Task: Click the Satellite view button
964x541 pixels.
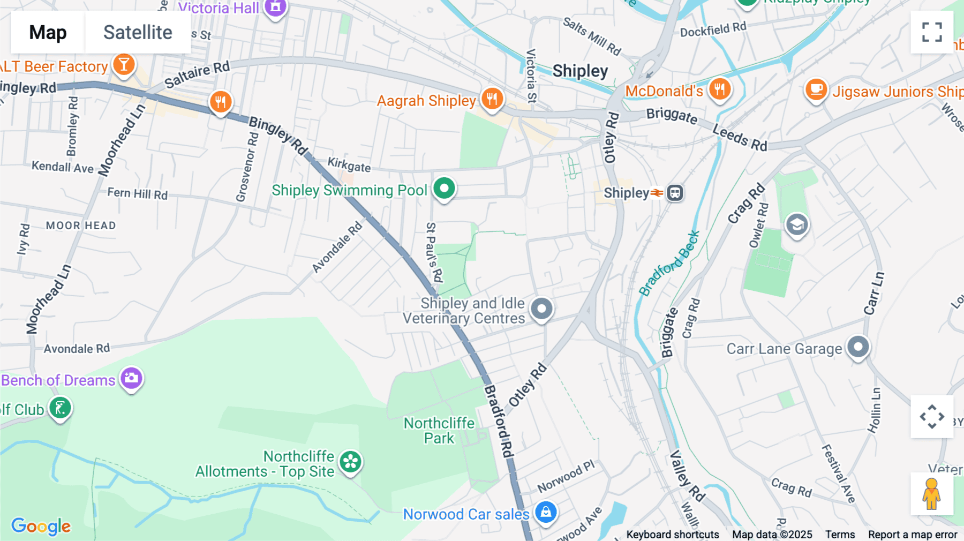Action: pyautogui.click(x=138, y=32)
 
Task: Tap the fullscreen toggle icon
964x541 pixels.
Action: pyautogui.click(x=932, y=32)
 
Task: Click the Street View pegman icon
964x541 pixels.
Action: pyautogui.click(x=931, y=493)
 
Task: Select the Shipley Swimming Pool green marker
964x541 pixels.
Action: pyautogui.click(x=444, y=189)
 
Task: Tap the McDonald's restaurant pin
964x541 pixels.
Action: pyautogui.click(x=720, y=89)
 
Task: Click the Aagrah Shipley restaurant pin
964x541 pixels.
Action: pyautogui.click(x=492, y=99)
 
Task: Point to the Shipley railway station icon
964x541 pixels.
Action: pyautogui.click(x=675, y=193)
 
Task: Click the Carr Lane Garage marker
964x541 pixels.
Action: pyautogui.click(x=858, y=347)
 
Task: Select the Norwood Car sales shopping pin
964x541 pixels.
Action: pyautogui.click(x=546, y=512)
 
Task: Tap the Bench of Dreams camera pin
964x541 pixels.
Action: pyautogui.click(x=131, y=379)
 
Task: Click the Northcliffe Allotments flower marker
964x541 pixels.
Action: pyautogui.click(x=351, y=462)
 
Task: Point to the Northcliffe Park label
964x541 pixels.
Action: pyautogui.click(x=439, y=431)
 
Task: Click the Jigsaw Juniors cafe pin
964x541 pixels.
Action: pyautogui.click(x=816, y=90)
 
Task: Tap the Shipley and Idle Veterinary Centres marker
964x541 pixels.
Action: pyautogui.click(x=541, y=309)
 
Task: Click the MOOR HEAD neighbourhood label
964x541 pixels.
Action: pyautogui.click(x=81, y=226)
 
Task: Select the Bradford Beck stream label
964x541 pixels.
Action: pyautogui.click(x=669, y=264)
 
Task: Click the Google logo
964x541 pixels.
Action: pyautogui.click(x=41, y=526)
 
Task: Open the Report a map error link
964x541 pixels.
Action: pyautogui.click(x=912, y=535)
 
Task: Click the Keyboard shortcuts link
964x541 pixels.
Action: pyautogui.click(x=673, y=535)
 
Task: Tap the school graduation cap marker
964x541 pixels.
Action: pyautogui.click(x=797, y=225)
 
